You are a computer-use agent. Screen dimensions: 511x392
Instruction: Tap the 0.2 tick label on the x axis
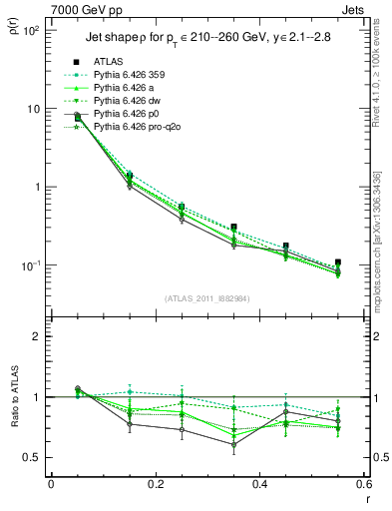pos(155,484)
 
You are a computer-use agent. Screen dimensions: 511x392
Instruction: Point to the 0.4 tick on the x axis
pos(259,484)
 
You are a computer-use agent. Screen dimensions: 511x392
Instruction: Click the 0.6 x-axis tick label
pos(363,484)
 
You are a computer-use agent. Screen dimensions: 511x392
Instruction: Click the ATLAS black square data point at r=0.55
pos(338,262)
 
